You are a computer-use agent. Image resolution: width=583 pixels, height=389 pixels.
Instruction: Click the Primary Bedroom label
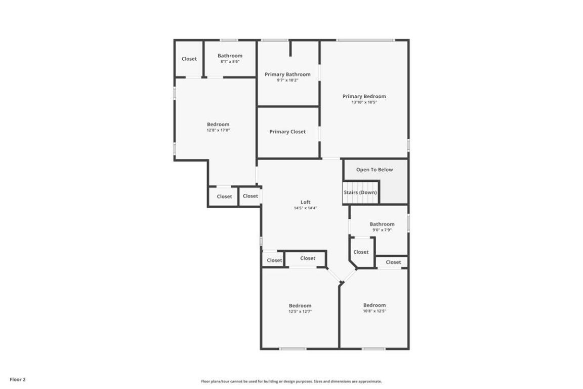(364, 96)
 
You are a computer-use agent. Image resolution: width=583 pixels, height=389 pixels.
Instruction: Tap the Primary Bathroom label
(287, 74)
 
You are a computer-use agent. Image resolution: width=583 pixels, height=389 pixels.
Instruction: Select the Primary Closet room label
(287, 132)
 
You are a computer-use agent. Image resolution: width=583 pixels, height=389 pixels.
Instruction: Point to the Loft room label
(305, 202)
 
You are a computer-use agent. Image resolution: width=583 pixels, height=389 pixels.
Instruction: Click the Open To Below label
(374, 170)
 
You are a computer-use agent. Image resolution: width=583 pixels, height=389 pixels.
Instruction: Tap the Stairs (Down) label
(360, 192)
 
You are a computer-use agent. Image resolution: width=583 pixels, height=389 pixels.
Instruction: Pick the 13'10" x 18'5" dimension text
(364, 102)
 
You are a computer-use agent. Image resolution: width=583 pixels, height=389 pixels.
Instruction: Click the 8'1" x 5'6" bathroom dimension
(230, 62)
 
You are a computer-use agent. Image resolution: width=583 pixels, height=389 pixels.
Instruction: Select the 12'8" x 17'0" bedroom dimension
(218, 130)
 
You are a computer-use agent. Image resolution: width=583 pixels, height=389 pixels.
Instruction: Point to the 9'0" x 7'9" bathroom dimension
(382, 230)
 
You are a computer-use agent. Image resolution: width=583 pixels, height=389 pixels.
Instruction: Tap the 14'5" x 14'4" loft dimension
(305, 208)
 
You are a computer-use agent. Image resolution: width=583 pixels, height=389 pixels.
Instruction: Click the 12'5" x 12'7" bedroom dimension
(300, 312)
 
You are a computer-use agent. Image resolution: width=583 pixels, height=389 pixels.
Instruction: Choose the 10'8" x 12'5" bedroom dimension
(374, 311)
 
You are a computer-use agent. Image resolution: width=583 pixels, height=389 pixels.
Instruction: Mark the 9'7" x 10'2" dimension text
(287, 80)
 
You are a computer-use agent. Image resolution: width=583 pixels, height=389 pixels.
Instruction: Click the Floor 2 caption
(17, 379)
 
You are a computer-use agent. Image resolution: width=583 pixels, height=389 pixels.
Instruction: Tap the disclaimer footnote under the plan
(291, 381)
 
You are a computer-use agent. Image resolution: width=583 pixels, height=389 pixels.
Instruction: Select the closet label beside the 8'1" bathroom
(189, 59)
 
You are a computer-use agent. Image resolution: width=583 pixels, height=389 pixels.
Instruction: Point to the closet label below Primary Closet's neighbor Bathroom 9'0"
(361, 252)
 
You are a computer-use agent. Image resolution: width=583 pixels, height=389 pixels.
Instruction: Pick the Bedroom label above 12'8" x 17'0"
(218, 124)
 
